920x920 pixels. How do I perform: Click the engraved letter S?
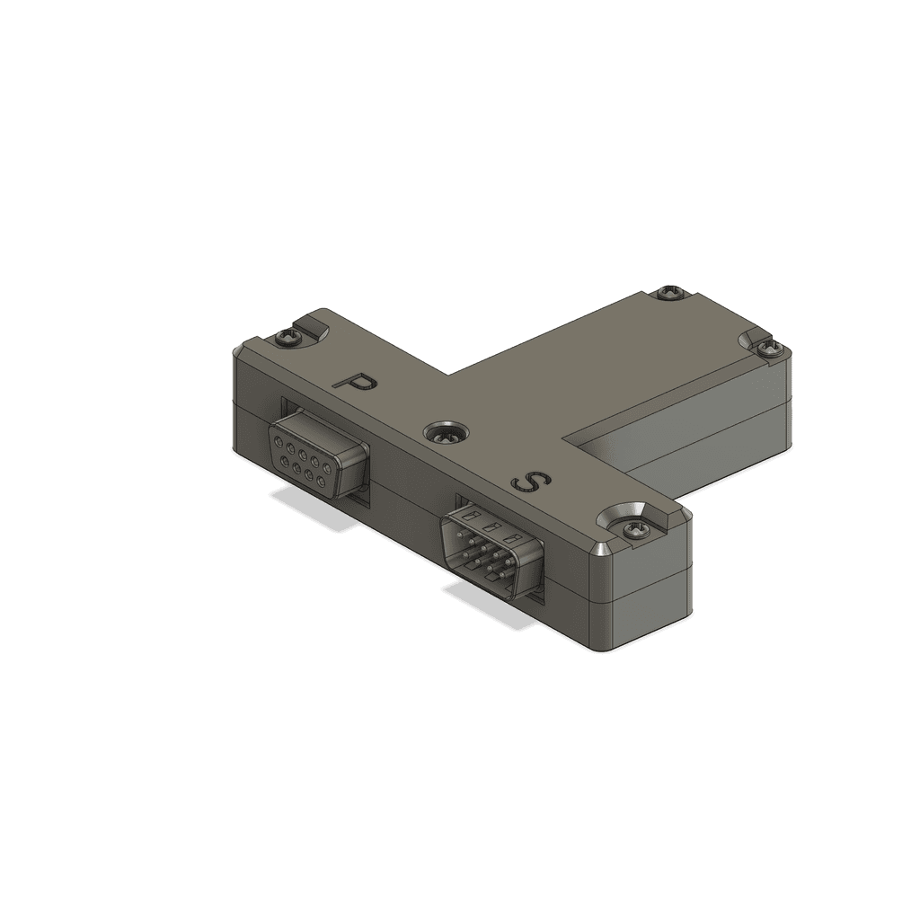530,482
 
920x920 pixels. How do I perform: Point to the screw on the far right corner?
770,348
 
